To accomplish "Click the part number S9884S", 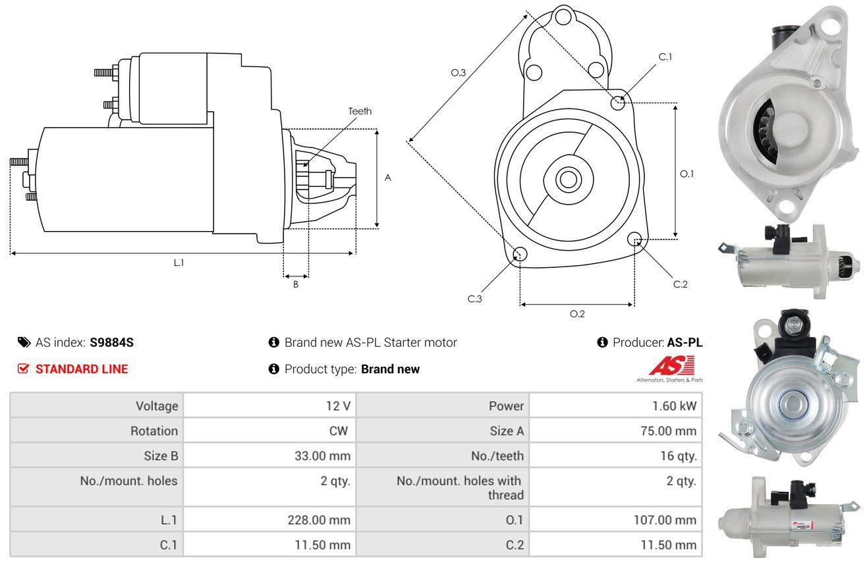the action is (x=111, y=342).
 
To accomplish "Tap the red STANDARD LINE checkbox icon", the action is (x=23, y=369).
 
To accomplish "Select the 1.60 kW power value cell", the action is (x=616, y=405).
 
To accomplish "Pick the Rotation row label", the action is (x=154, y=430).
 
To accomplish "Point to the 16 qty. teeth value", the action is (x=679, y=456).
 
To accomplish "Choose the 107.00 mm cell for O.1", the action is (x=616, y=520).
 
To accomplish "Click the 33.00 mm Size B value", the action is (x=322, y=456).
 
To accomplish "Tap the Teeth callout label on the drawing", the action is (x=360, y=111).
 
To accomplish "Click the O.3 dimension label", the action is (x=459, y=72).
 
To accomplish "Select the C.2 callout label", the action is (x=680, y=284).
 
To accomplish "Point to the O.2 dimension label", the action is (x=577, y=314).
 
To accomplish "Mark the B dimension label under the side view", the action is (x=296, y=284).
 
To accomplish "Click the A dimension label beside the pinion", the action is (x=388, y=178).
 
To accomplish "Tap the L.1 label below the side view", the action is (x=179, y=263).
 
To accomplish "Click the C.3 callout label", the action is (x=475, y=299).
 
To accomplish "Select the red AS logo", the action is (x=672, y=365).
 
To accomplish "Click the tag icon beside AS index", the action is (x=24, y=342).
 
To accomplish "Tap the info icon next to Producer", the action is (x=602, y=342).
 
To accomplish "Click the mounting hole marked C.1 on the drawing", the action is (x=618, y=103).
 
